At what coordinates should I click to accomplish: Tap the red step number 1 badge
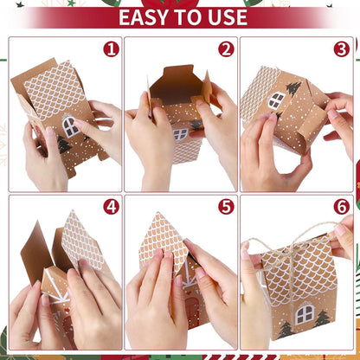110,49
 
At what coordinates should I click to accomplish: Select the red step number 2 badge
226,49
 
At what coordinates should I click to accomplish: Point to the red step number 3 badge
341,49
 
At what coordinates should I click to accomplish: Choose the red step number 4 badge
110,207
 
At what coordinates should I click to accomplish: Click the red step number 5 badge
226,207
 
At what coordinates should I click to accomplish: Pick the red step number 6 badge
341,207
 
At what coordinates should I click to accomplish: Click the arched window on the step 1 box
70,126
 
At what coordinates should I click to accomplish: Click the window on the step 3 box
275,100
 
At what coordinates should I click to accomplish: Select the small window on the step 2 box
180,134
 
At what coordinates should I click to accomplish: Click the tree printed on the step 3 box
293,88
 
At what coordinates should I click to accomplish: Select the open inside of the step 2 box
177,91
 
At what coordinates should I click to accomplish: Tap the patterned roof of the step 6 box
299,268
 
